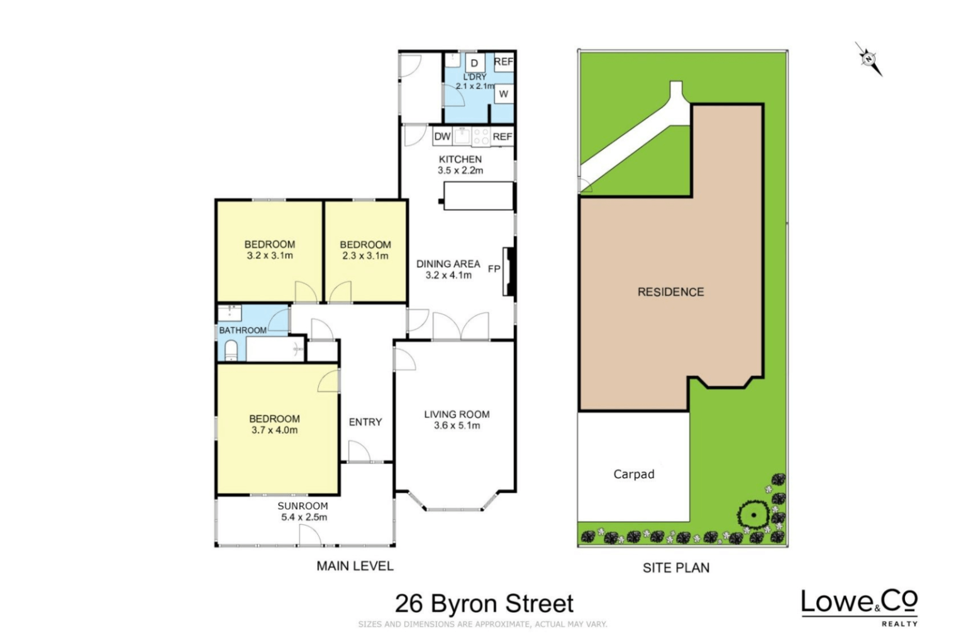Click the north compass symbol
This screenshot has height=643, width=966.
coord(869,59)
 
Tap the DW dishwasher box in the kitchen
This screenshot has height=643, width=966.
coord(442,136)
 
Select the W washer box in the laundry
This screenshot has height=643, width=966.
coord(503,94)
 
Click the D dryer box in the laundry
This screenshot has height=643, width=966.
coord(474,63)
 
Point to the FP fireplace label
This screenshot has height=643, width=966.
coord(494,269)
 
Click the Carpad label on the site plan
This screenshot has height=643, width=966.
coord(634,475)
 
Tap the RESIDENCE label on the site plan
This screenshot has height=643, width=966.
coord(670,292)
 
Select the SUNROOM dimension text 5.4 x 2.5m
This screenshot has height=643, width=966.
coord(304,517)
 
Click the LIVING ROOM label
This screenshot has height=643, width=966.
coord(457,415)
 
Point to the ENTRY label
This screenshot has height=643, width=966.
coord(365,422)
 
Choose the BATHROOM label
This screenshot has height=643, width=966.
coord(243,331)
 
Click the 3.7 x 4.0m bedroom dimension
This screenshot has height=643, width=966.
coord(274,430)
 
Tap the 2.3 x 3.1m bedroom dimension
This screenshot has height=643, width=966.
coord(365,256)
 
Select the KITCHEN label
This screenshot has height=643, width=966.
coord(460,160)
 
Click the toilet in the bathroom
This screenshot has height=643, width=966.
coord(231,351)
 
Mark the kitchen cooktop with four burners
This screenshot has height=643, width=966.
coord(481,136)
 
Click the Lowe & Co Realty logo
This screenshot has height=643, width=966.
coord(860,608)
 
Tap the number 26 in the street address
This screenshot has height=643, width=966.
coord(409,604)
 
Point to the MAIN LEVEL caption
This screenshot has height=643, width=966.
coord(355,566)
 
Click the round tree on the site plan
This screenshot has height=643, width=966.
coord(753,515)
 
